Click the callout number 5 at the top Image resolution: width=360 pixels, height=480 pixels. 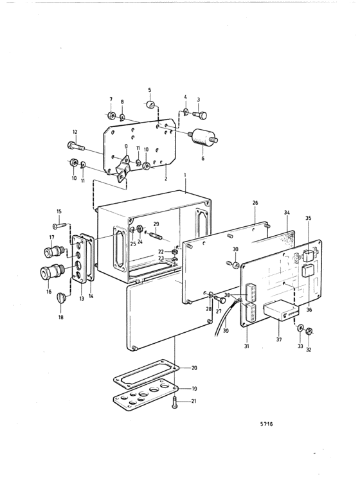coord(150,90)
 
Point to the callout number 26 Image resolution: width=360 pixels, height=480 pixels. coord(255,202)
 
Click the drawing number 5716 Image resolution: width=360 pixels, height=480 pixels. coord(267,424)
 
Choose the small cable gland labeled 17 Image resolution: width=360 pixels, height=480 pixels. coord(54,251)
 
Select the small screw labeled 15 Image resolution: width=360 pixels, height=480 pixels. coord(59,226)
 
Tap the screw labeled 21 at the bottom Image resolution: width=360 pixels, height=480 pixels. coord(175,402)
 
